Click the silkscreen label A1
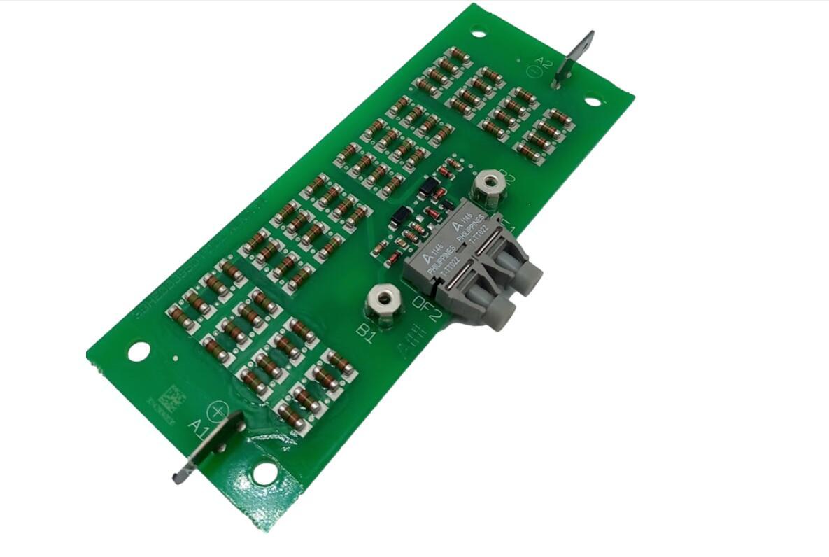click(x=198, y=426)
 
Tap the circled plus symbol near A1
click(x=218, y=411)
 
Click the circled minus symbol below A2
click(x=537, y=71)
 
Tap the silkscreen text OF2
click(x=427, y=308)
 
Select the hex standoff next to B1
click(x=382, y=300)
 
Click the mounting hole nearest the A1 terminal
click(x=264, y=473)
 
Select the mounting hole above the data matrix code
click(x=139, y=349)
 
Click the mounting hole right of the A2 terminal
click(x=592, y=101)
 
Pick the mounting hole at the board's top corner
click(x=479, y=32)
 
